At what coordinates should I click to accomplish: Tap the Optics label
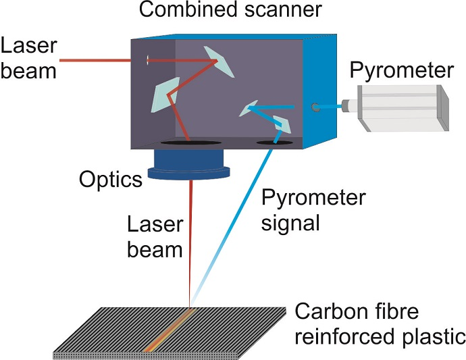110,179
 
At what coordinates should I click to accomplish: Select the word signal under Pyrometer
290,222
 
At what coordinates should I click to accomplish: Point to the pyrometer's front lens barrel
349,105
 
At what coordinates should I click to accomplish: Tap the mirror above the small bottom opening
280,124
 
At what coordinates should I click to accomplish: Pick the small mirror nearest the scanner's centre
249,108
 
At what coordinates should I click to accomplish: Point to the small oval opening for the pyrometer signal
274,143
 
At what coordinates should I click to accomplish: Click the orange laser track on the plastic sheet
168,330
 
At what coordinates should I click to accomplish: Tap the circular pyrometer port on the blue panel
314,107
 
